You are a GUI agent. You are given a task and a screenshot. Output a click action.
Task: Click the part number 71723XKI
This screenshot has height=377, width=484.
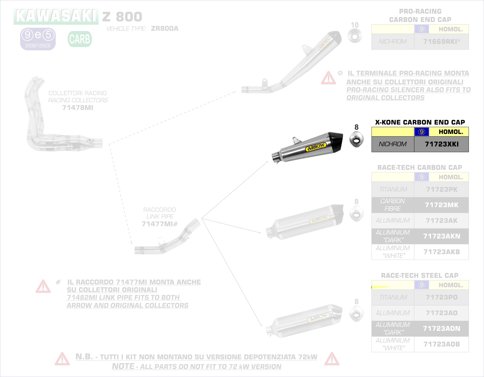pos(441,144)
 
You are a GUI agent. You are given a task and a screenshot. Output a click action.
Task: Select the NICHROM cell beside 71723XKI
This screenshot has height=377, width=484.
pos(393,144)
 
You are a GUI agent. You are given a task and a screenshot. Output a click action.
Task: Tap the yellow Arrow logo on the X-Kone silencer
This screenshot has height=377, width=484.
pos(316,147)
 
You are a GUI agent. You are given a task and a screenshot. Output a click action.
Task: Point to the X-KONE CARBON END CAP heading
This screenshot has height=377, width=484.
pos(420,122)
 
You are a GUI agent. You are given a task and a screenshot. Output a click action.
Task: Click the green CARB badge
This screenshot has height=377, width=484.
pos(80,39)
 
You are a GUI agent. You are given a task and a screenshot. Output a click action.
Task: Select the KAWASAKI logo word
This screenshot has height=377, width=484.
pos(56,16)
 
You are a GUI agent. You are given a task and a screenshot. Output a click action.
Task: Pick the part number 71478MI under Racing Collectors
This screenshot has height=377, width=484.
pos(78,108)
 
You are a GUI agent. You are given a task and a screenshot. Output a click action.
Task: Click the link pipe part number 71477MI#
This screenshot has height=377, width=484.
pos(160,224)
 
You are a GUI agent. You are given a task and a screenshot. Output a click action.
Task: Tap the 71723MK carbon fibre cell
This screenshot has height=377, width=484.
pos(441,205)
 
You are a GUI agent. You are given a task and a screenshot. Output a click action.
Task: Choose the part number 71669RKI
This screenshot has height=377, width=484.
pos(441,42)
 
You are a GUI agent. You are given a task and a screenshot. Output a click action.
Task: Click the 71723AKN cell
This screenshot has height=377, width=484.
pos(441,236)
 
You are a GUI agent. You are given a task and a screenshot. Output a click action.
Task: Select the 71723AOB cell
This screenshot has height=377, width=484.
pos(441,344)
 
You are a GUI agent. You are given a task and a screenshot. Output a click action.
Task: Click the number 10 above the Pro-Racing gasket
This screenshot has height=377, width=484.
pos(355,25)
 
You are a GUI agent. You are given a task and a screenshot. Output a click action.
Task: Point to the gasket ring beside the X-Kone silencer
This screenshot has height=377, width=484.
pos(356,140)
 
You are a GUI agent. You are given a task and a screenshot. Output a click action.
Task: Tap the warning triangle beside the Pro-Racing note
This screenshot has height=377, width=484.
pos(328,78)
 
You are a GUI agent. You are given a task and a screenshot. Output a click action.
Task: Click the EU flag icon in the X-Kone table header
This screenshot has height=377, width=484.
pos(422,132)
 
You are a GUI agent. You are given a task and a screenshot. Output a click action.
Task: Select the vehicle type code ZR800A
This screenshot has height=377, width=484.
pos(165,28)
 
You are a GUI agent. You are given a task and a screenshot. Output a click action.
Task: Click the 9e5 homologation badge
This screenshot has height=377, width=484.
pos(38,39)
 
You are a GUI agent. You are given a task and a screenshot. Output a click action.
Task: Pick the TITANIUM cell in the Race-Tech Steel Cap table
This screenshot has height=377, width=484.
pos(393,297)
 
